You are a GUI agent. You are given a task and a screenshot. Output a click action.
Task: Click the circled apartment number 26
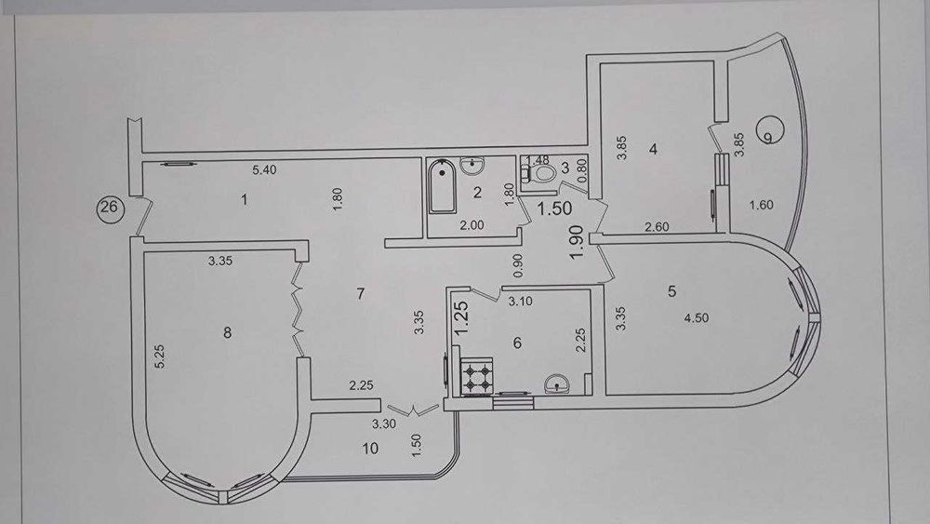tap(110, 208)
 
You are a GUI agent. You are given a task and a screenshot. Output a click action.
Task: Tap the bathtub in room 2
tap(442, 186)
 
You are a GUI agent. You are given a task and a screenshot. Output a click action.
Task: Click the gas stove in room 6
tap(477, 378)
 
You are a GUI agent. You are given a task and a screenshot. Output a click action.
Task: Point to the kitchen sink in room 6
tap(557, 383)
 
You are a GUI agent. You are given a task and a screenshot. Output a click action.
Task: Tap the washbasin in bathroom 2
tap(472, 166)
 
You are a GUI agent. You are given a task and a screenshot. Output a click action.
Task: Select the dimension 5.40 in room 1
tap(264, 169)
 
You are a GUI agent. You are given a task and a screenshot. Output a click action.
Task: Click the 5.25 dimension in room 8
tap(160, 356)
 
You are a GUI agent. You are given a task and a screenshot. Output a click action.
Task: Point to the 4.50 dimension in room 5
tap(697, 318)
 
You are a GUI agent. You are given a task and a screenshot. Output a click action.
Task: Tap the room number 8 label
tap(227, 333)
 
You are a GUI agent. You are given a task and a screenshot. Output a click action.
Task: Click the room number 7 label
tap(361, 294)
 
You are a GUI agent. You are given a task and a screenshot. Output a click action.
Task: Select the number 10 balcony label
tap(370, 448)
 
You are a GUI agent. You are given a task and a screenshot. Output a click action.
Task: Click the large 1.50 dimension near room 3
tap(554, 208)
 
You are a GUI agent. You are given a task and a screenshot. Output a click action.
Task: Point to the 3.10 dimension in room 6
tap(520, 302)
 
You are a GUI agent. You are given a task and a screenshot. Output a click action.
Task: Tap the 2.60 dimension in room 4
tap(657, 227)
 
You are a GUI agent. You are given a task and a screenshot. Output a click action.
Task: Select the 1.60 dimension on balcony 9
tap(762, 206)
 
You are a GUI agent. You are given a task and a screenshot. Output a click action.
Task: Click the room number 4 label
tap(653, 148)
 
